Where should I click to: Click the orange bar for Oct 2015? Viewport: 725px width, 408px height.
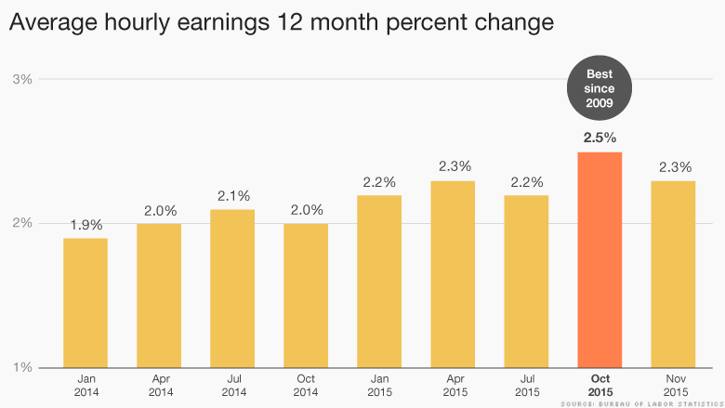click(x=600, y=260)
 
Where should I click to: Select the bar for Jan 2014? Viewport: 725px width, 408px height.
click(x=86, y=303)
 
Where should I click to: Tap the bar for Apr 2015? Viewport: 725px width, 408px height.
click(x=453, y=274)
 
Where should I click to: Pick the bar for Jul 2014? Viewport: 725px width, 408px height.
click(x=232, y=288)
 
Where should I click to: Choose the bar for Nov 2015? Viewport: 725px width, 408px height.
click(x=673, y=274)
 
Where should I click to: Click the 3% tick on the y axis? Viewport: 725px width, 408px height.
click(x=22, y=79)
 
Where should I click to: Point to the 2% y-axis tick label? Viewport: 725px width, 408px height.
click(x=22, y=223)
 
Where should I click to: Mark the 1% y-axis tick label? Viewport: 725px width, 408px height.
click(x=22, y=367)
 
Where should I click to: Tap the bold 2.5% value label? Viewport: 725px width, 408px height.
click(x=600, y=138)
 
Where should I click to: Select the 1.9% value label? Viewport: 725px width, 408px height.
click(x=86, y=225)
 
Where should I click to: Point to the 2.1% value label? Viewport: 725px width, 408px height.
click(x=232, y=196)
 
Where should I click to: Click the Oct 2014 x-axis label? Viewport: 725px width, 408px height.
click(x=306, y=386)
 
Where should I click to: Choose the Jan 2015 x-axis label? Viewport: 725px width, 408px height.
click(x=379, y=386)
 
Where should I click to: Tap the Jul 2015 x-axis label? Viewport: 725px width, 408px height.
click(x=526, y=386)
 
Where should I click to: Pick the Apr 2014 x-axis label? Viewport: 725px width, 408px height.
click(x=159, y=386)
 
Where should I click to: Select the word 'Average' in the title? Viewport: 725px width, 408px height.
click(x=56, y=20)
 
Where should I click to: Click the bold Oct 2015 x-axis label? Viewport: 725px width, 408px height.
click(x=600, y=386)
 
